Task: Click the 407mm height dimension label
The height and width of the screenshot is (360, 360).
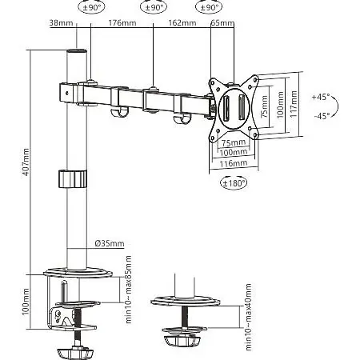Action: pos(26,162)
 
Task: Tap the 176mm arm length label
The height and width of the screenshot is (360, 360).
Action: pos(122,23)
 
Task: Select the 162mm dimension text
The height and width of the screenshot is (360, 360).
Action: pos(182,23)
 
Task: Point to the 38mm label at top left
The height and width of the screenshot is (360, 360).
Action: pos(61,23)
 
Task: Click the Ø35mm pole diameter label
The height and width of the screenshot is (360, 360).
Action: pos(110,243)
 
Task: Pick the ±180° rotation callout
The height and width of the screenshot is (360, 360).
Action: pos(234,183)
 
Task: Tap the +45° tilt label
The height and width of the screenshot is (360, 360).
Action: pos(321,97)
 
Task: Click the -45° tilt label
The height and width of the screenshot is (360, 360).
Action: pos(322,116)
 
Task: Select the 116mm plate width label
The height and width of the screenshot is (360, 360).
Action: pos(234,163)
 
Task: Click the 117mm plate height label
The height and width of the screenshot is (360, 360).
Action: pos(294,104)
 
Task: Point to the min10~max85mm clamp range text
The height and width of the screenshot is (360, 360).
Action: pos(129,290)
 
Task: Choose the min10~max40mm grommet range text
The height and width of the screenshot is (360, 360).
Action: pos(248,317)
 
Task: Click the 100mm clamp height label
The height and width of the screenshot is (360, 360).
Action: pos(26,302)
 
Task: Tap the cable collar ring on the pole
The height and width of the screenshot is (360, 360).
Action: pos(73,178)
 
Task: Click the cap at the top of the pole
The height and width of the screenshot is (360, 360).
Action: pos(77,50)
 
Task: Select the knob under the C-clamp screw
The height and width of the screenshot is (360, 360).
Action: pos(76,353)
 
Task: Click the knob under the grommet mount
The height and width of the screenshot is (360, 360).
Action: pos(182,340)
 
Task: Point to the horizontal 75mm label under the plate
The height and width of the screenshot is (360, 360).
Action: pos(234,142)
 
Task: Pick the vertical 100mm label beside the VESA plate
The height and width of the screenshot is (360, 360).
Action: pos(280,105)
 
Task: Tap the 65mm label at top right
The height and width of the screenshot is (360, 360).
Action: pos(222,23)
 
